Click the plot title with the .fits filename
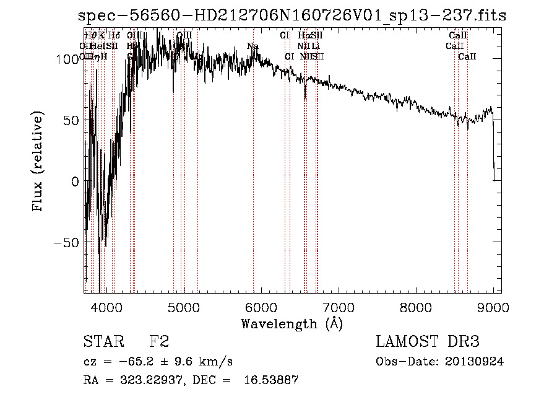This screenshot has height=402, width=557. (x=296, y=16)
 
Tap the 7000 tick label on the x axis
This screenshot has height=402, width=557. (x=339, y=307)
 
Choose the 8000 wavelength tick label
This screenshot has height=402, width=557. (x=416, y=307)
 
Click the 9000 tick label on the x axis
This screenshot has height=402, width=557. (x=493, y=307)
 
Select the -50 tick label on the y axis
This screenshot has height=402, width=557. (x=67, y=242)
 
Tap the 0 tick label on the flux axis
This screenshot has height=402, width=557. (x=76, y=181)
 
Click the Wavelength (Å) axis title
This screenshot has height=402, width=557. (x=291, y=323)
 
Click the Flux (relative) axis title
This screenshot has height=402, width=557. (x=39, y=162)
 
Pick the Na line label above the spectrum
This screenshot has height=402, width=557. (x=253, y=46)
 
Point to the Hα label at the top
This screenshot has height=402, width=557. (x=303, y=36)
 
